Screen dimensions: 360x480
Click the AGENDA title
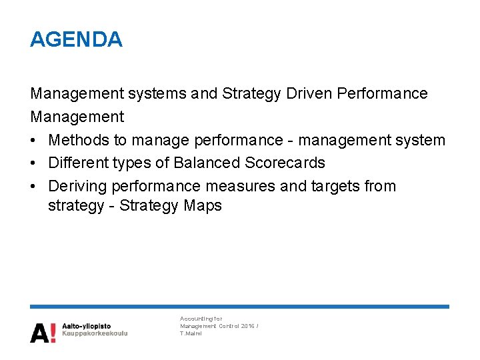click(x=76, y=39)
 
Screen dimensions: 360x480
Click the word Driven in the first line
click(x=311, y=93)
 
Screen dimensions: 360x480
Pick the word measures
click(x=243, y=186)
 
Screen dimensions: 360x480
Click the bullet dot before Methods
click(x=34, y=141)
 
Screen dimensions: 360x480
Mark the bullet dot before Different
click(x=34, y=163)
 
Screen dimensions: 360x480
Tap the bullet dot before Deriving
click(x=34, y=187)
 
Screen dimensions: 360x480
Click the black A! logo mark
click(x=43, y=332)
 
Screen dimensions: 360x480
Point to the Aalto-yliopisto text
click(x=87, y=326)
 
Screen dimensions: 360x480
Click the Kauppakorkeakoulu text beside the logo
click(x=95, y=333)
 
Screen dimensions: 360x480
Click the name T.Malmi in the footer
click(x=191, y=333)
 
